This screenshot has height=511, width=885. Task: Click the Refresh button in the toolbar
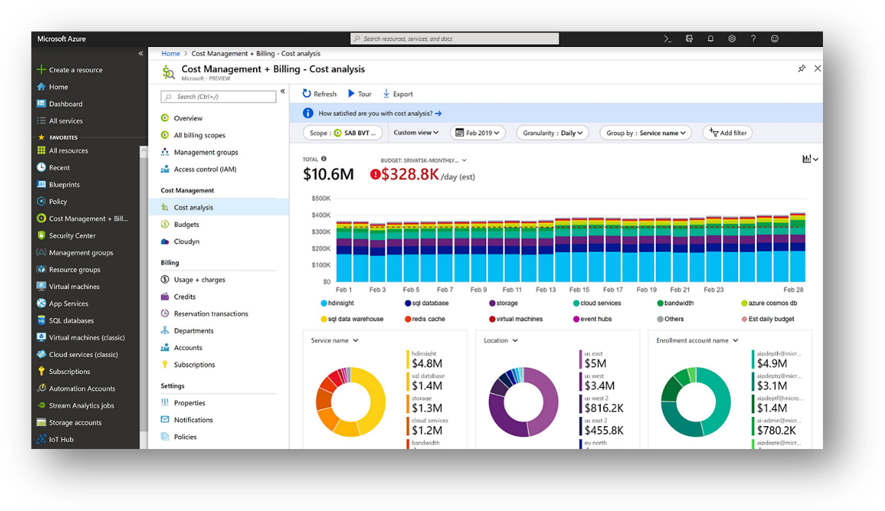pos(319,94)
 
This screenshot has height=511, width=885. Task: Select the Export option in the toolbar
pos(398,94)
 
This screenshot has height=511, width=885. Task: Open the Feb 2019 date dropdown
pos(479,132)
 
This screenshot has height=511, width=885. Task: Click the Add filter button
pos(728,132)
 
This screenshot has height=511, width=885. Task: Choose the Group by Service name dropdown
pos(646,132)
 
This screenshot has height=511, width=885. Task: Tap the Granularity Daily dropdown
pos(553,132)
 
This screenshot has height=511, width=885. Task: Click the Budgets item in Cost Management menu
pos(186,225)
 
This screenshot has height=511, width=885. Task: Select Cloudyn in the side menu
pos(186,241)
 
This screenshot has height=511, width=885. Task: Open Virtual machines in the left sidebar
pos(74,286)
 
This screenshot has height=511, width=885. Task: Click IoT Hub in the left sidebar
pos(61,439)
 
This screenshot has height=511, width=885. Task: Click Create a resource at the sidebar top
pos(75,70)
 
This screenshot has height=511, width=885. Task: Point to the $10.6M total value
pos(329,174)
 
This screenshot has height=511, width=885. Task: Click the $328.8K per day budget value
pos(410,174)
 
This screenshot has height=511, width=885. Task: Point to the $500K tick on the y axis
pos(320,198)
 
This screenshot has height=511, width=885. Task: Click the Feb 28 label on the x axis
pos(793,290)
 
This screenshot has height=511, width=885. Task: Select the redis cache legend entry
pos(428,319)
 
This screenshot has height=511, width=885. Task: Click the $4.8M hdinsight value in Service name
pos(427,364)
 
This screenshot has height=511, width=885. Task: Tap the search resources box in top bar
pos(455,39)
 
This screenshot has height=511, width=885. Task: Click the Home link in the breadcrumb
pos(170,54)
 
